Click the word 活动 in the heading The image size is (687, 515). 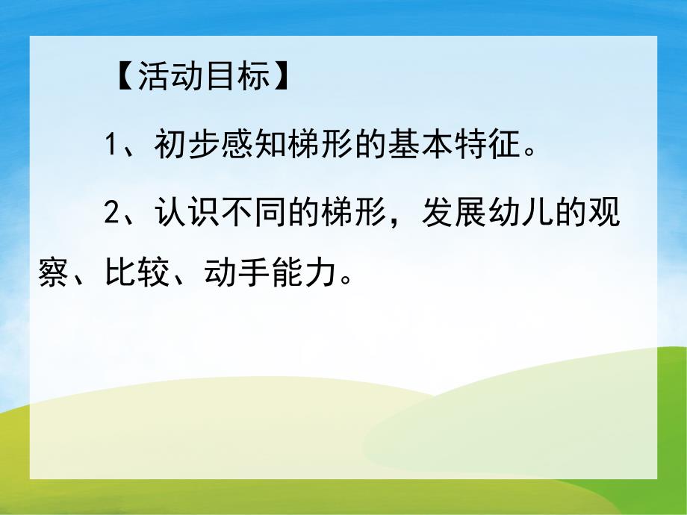tap(162, 77)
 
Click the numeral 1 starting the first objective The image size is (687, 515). tap(112, 144)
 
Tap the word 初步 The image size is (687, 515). tap(186, 143)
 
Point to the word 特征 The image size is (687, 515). tap(488, 143)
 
